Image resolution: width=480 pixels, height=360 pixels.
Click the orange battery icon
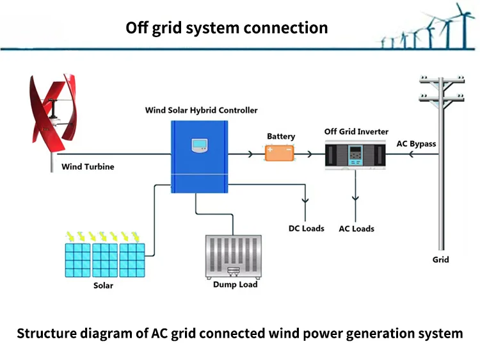280,153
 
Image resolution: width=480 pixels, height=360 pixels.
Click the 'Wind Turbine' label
88,167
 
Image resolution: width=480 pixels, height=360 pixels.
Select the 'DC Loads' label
306,228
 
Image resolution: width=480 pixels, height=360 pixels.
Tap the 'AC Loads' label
356,229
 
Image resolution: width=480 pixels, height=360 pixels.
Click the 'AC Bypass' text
417,143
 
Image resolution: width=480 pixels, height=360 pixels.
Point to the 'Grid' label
440,259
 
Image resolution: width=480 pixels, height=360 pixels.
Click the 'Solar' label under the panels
103,285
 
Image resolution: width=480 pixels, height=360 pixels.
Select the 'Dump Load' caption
235,284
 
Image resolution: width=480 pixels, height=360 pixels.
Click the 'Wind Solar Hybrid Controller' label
201,110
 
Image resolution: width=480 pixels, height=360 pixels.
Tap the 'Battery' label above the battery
281,136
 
